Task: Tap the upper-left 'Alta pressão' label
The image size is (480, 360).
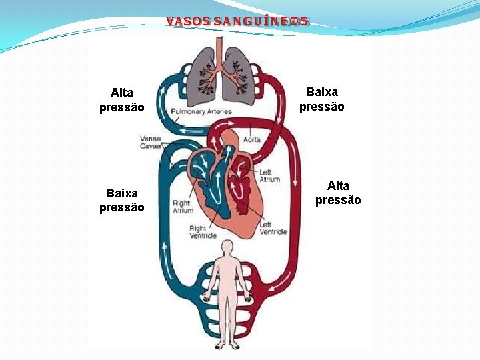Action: pos(121,99)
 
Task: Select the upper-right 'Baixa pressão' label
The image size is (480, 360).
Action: pos(321,99)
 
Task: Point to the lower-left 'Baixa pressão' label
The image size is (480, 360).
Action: pos(121,200)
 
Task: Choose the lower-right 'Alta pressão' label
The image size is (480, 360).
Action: pos(338,193)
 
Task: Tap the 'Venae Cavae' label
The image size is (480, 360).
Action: pos(150,143)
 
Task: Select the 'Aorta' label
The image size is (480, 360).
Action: pos(252,139)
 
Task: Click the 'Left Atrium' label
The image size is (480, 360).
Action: pos(269,176)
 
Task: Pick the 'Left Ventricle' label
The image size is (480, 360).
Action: pos(273,228)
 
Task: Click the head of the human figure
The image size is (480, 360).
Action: pos(227,247)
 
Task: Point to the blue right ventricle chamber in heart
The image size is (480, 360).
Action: pos(216,193)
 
